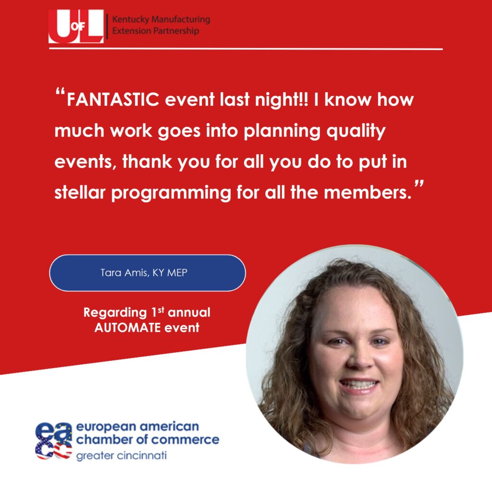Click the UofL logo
point(76,26)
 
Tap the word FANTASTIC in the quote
point(113,99)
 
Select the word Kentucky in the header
point(131,19)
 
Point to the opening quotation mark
point(60,92)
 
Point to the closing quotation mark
point(419,184)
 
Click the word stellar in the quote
point(80,192)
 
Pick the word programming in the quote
point(172,193)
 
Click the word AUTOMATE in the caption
point(127,328)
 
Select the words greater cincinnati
point(122,456)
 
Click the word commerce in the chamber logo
point(185,440)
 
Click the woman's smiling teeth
point(359,384)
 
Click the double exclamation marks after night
point(304,99)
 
